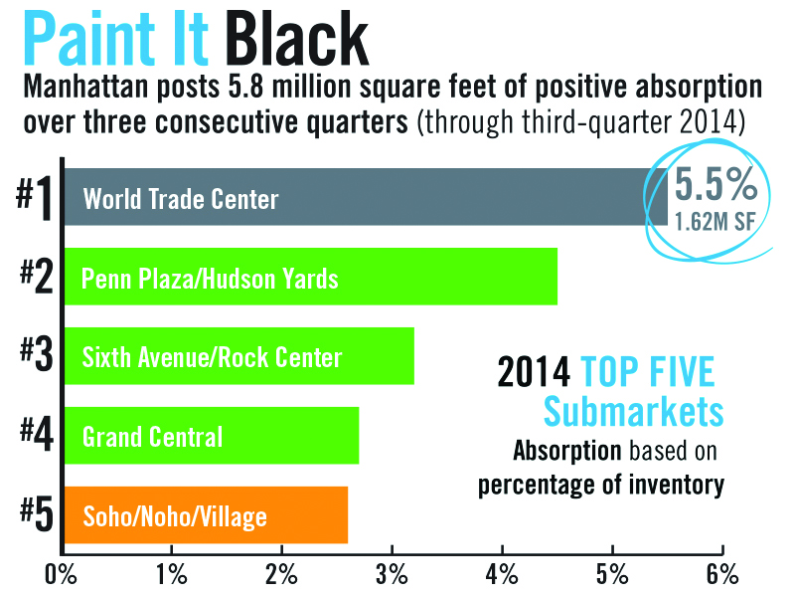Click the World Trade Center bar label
pyautogui.click(x=181, y=198)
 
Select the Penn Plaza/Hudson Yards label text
pyautogui.click(x=210, y=278)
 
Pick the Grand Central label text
pyautogui.click(x=152, y=436)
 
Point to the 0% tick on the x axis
pyautogui.click(x=62, y=574)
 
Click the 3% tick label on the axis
pyautogui.click(x=392, y=574)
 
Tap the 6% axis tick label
pyautogui.click(x=722, y=574)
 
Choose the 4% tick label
pyautogui.click(x=502, y=574)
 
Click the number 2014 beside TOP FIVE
pyautogui.click(x=534, y=373)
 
